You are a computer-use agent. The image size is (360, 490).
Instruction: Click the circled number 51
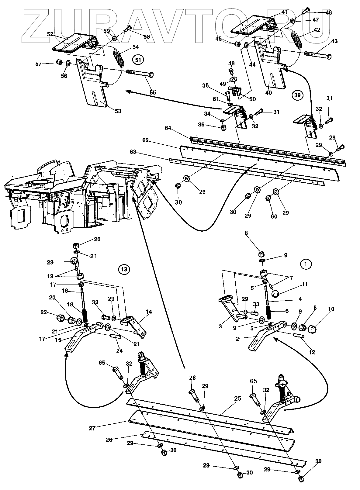(x=138, y=60)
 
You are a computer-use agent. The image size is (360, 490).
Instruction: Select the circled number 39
(x=297, y=95)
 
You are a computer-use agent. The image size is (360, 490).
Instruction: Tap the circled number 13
(x=124, y=269)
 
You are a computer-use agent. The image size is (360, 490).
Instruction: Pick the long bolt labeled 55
(x=140, y=74)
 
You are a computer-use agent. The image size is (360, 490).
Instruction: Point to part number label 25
(x=238, y=398)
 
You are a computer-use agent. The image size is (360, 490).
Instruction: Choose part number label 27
(x=92, y=428)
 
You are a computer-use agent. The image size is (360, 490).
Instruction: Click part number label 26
(x=109, y=440)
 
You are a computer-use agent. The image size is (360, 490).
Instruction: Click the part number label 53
(x=117, y=111)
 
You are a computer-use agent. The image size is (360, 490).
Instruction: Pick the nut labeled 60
(x=268, y=198)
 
